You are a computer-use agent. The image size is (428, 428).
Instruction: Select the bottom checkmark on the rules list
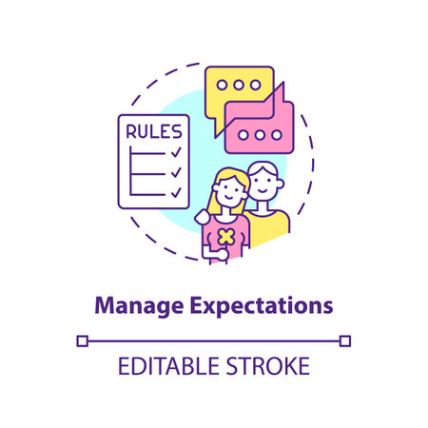[175, 192]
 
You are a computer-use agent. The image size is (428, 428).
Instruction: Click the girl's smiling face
[228, 196]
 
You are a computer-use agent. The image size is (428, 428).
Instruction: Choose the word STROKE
[268, 367]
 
